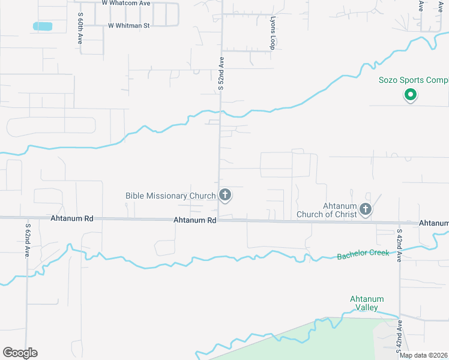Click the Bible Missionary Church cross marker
point(225,195)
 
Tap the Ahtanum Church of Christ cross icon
point(365,209)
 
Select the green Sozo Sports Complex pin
point(411,94)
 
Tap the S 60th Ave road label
point(80,30)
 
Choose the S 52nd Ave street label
point(221,74)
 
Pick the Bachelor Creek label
point(363,254)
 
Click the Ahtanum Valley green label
point(367,303)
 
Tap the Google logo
point(20,353)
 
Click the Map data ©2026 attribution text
point(423,355)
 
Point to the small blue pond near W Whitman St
point(43,26)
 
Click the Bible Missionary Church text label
point(170,196)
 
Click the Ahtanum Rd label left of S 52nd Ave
point(194,220)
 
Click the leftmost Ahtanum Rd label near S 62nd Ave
point(72,219)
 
